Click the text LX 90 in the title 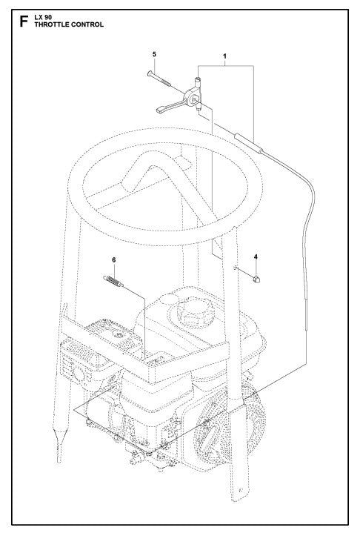coord(44,17)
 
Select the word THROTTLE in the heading coord(51,25)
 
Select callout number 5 coord(155,55)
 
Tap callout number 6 coord(114,260)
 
